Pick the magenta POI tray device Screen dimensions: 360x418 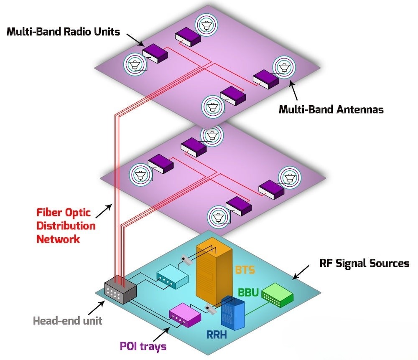click(x=184, y=317)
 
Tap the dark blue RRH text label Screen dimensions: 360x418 click(x=219, y=335)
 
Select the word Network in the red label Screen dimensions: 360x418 click(x=58, y=239)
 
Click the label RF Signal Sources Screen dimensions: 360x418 click(x=364, y=263)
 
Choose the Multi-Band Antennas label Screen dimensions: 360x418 click(x=331, y=110)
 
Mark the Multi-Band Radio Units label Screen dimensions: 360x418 click(x=63, y=32)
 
